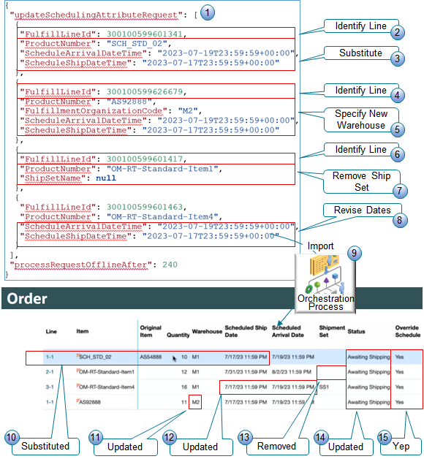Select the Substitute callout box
(x=360, y=53)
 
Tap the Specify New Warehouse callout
(x=360, y=120)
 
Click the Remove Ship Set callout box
(x=361, y=181)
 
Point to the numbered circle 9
(x=354, y=252)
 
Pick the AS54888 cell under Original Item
(x=153, y=358)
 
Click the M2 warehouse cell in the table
(x=196, y=401)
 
